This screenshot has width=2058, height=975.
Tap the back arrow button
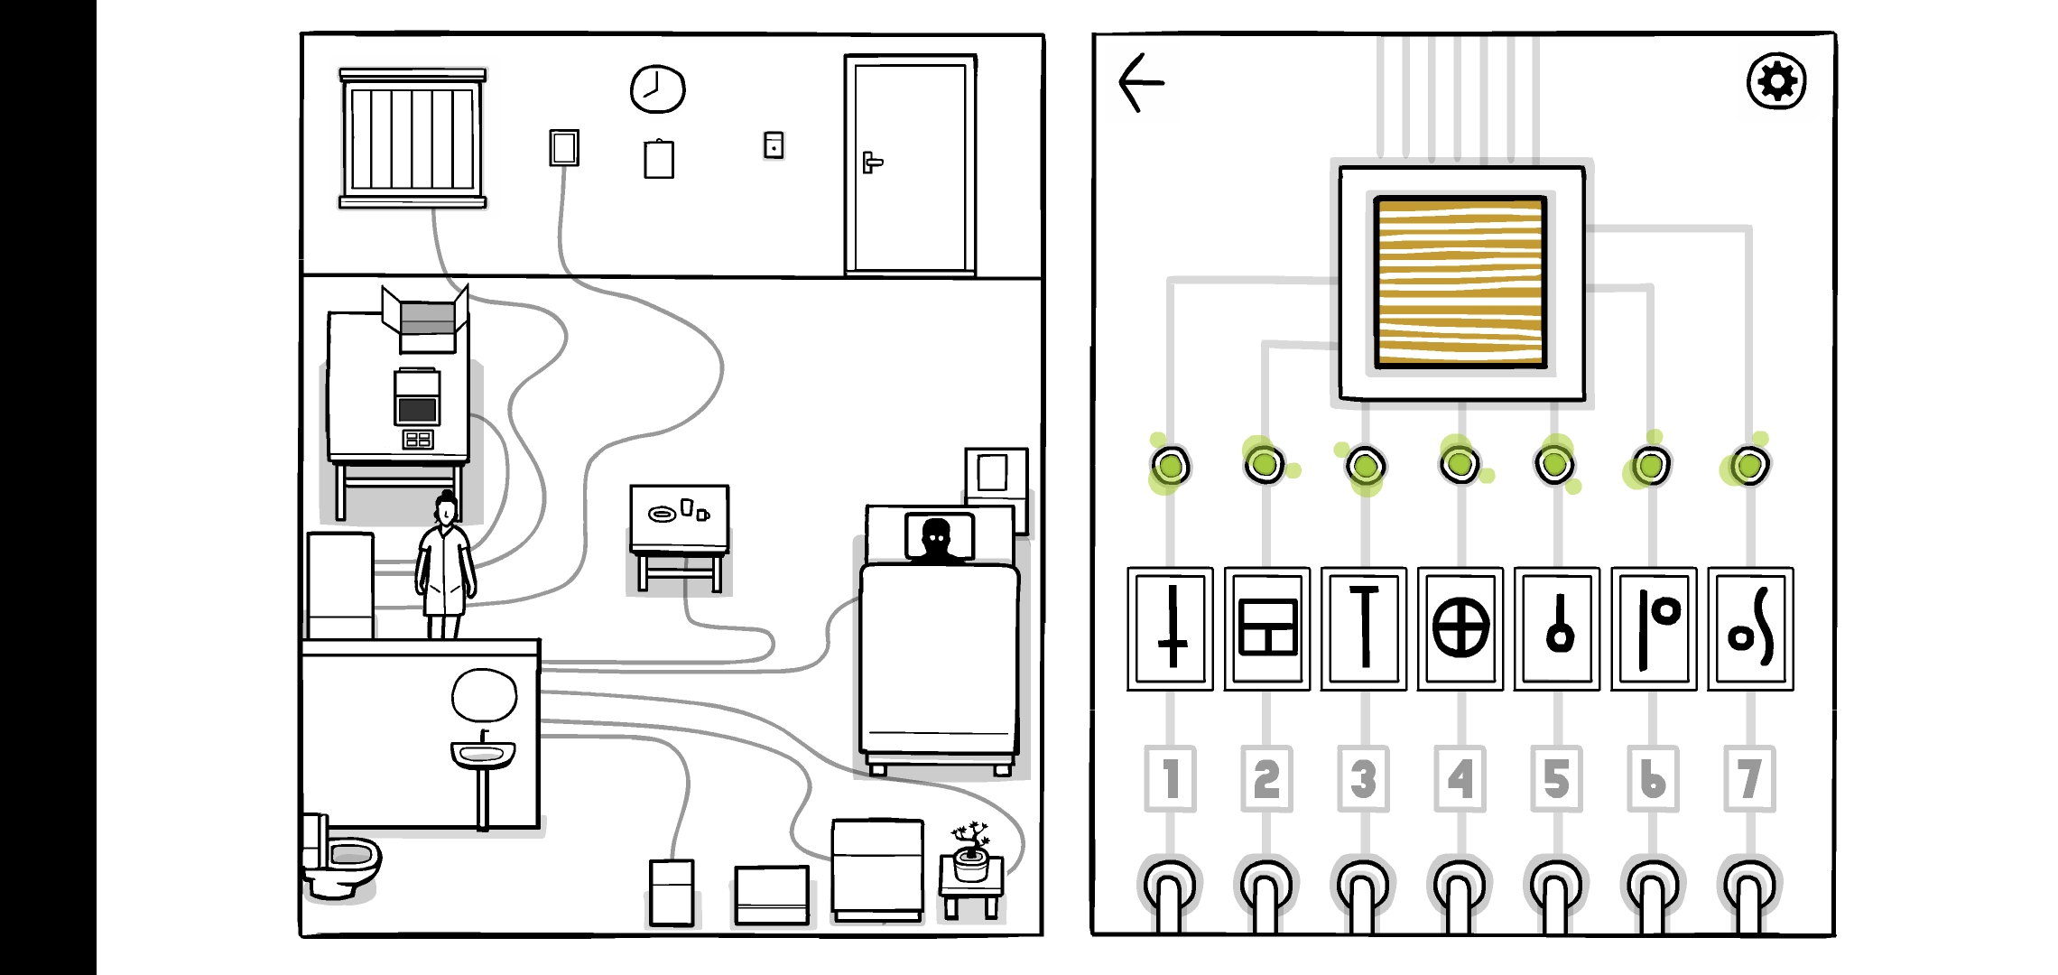[1142, 82]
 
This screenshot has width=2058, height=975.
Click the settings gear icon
[1776, 81]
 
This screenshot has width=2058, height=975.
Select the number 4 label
[1460, 778]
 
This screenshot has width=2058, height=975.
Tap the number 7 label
[1749, 778]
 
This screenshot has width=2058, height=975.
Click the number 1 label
[1170, 778]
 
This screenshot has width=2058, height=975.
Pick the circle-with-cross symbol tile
[1460, 628]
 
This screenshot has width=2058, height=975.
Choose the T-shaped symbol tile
[1364, 628]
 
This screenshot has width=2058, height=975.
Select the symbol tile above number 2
[1267, 628]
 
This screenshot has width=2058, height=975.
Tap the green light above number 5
[1554, 465]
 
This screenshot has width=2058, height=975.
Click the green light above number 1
[1171, 466]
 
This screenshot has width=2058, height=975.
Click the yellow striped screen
[1460, 283]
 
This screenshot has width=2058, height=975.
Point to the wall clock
[657, 89]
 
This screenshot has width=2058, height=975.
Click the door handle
[871, 162]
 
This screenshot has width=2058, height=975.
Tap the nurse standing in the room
[445, 569]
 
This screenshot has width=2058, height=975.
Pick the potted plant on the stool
[970, 851]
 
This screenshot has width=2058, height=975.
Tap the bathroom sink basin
[483, 752]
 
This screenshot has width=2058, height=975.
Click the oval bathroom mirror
[484, 696]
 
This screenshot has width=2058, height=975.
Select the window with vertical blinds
[413, 138]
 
